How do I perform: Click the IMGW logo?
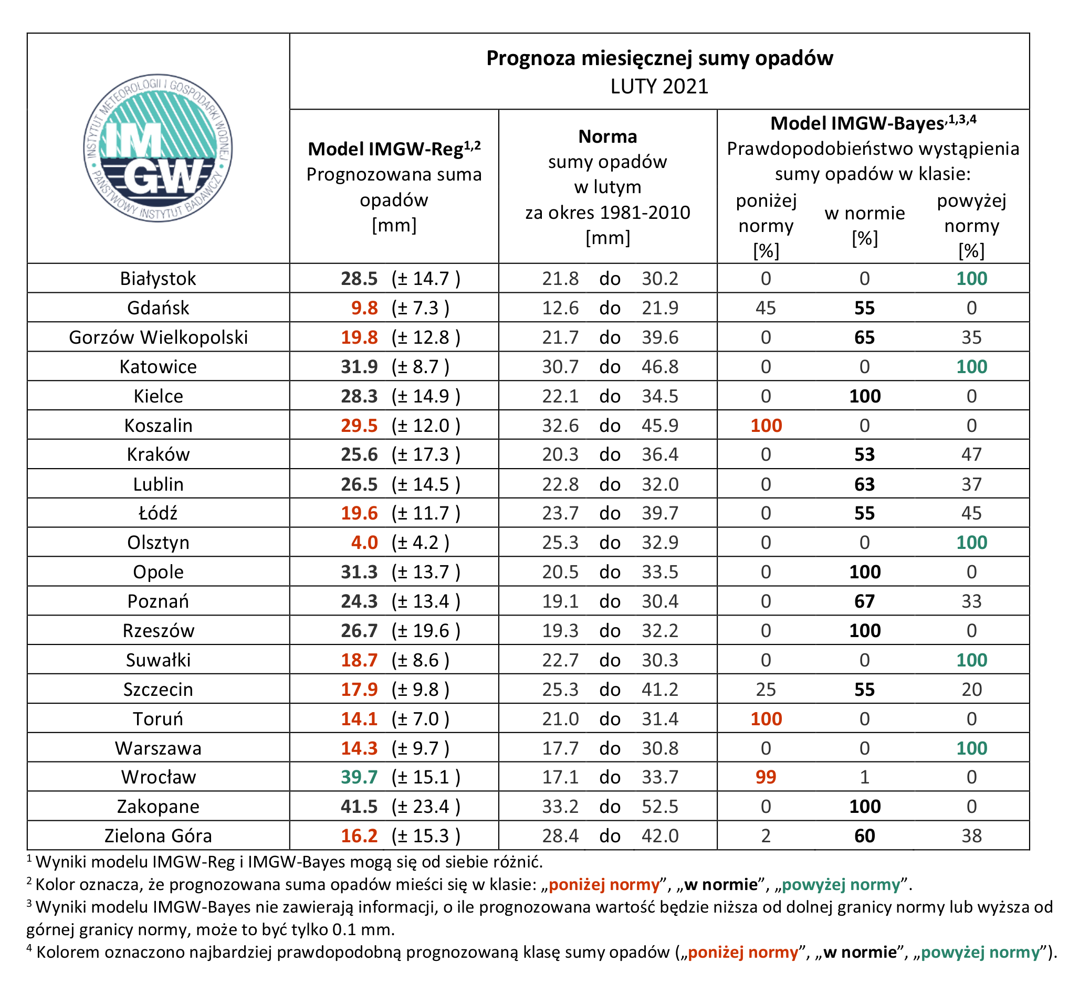tap(159, 148)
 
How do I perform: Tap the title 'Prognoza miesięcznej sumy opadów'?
tap(659, 58)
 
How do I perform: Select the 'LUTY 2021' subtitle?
tap(659, 86)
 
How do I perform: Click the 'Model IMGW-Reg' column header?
tap(394, 149)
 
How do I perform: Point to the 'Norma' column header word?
tap(607, 136)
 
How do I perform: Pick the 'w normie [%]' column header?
tap(864, 225)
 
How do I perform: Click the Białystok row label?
tap(158, 279)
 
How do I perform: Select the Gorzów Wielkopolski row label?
tap(159, 337)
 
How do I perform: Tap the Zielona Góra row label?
tap(159, 836)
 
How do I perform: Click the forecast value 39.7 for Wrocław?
tap(359, 777)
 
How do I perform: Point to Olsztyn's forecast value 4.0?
tap(364, 543)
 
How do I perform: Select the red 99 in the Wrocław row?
tap(766, 777)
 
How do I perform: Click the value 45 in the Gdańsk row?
tap(766, 308)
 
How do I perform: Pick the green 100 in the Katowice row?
tap(971, 366)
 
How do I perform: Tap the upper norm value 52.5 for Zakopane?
tap(660, 806)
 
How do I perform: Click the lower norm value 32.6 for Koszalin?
tap(560, 426)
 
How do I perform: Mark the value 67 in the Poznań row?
tap(864, 601)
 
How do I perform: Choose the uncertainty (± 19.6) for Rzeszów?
tap(426, 631)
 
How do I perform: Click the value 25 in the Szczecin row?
tap(766, 689)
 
